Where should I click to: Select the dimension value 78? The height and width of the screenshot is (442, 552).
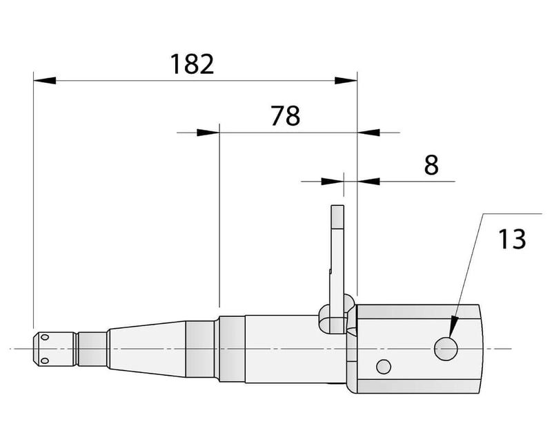(x=285, y=115)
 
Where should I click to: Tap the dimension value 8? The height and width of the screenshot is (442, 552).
(x=431, y=166)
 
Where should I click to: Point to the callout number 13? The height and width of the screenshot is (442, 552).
(x=511, y=239)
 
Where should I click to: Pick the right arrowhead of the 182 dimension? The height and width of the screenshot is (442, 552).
(x=346, y=81)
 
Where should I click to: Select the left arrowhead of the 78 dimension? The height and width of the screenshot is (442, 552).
(x=208, y=132)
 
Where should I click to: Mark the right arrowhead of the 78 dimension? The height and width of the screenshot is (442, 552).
(x=367, y=132)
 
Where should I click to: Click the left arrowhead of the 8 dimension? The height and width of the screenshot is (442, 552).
(x=333, y=182)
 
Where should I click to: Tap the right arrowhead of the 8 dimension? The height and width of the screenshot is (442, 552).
(x=368, y=182)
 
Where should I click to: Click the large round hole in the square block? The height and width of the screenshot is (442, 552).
(x=446, y=349)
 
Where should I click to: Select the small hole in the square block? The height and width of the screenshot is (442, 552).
(x=384, y=365)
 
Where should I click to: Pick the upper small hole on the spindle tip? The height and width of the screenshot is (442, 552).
(x=45, y=338)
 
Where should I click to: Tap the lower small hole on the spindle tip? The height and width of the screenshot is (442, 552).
(x=45, y=360)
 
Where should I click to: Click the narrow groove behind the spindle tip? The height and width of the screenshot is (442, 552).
(x=75, y=349)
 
